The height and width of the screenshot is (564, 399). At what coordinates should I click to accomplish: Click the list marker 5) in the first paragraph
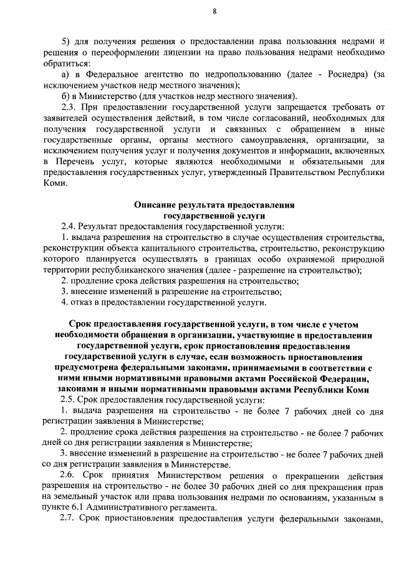[65, 42]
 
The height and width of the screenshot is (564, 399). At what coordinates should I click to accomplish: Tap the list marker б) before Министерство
[66, 95]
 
